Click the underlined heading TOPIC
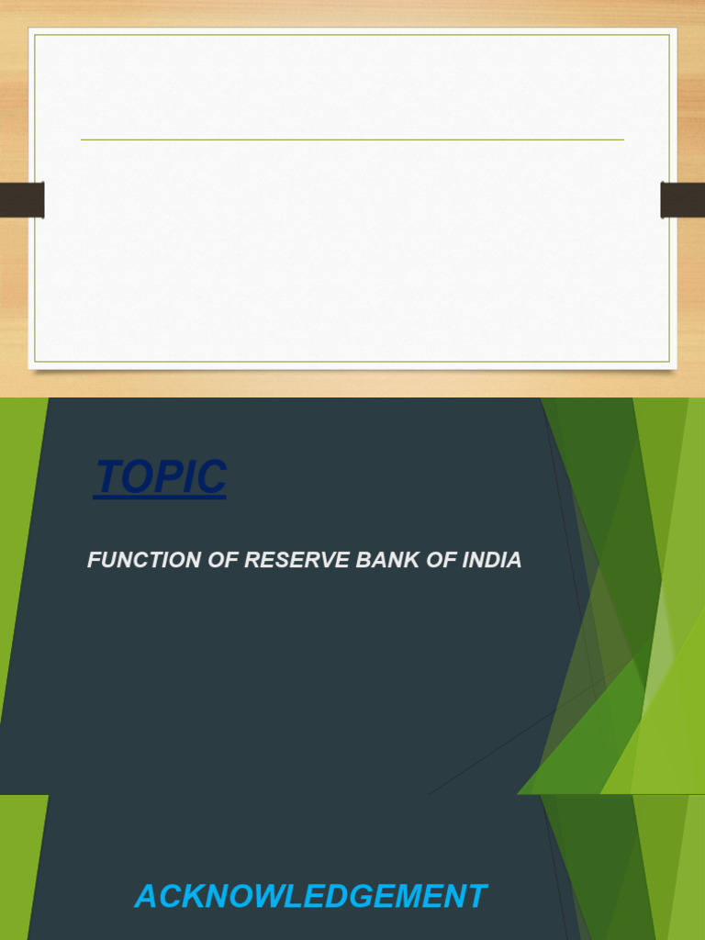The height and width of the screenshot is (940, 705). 161,477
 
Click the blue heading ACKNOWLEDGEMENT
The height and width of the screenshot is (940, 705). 310,897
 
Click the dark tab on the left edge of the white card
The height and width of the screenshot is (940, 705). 22,200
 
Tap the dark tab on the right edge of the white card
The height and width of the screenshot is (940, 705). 683,200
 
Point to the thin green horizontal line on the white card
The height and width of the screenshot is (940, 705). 352,140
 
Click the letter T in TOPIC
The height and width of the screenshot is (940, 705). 107,477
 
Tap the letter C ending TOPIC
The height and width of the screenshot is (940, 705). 213,477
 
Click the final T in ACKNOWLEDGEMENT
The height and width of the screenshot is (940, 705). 476,897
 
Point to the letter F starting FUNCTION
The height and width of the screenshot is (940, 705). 93,560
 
